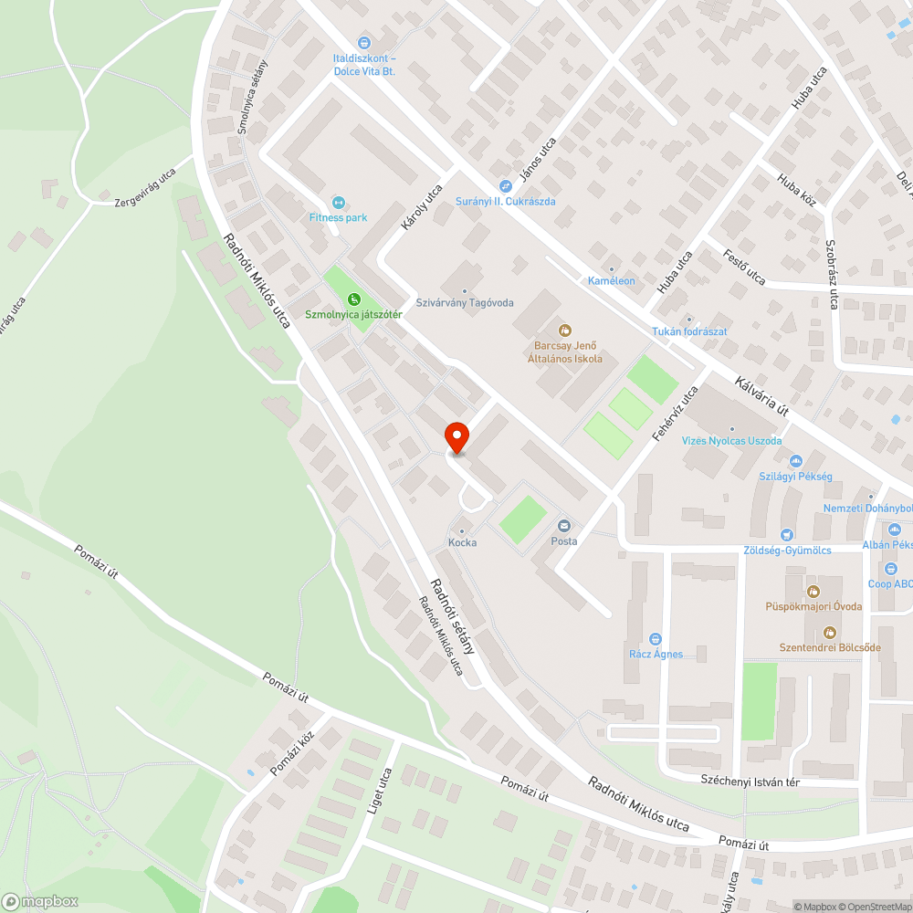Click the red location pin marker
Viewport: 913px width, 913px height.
pyautogui.click(x=456, y=438)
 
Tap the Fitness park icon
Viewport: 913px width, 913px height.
pyautogui.click(x=338, y=202)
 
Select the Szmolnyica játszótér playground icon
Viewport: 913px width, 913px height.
pyautogui.click(x=354, y=299)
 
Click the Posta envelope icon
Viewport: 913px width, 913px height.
pyautogui.click(x=564, y=525)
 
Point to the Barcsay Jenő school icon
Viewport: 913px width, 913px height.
pyautogui.click(x=564, y=330)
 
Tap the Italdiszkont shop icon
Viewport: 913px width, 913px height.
pyautogui.click(x=363, y=42)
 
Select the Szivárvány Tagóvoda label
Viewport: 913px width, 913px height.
pyautogui.click(x=465, y=302)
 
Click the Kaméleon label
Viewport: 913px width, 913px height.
pyautogui.click(x=611, y=280)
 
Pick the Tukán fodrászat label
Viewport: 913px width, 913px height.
pyautogui.click(x=689, y=331)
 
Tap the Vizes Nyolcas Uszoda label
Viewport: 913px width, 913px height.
pyautogui.click(x=732, y=441)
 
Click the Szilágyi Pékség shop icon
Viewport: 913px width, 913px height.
pyautogui.click(x=795, y=462)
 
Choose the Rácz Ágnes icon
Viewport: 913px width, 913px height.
pyautogui.click(x=655, y=639)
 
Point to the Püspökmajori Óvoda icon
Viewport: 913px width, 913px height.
pyautogui.click(x=813, y=591)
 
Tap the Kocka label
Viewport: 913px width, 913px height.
pyautogui.click(x=462, y=542)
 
